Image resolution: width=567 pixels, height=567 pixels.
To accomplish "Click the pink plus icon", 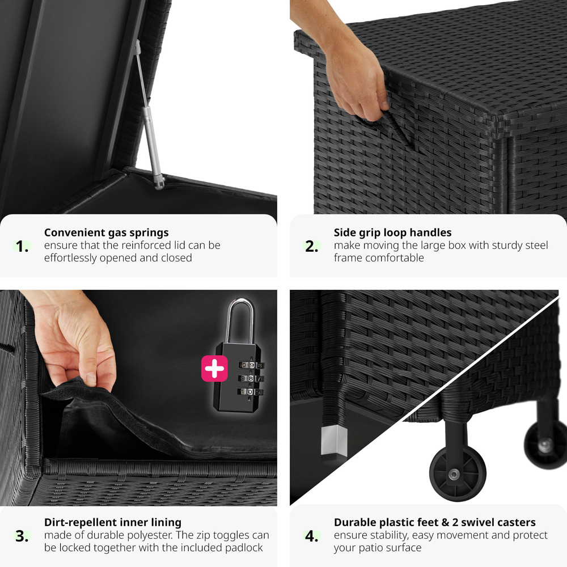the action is click(214, 369).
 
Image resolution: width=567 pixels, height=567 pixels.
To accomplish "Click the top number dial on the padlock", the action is click(251, 365).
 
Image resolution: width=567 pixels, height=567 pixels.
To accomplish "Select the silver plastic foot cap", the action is click(334, 441).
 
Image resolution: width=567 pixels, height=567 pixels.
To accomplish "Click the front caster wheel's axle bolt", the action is click(454, 473).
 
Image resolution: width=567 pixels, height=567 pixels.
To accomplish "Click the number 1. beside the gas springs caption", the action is click(22, 246).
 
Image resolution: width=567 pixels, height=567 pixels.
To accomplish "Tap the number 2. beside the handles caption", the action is click(311, 246).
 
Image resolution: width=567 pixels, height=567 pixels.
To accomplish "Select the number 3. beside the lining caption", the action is click(22, 536).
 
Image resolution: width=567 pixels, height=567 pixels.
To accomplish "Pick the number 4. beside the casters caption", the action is click(311, 536).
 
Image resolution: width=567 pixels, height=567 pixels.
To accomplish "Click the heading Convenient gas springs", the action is click(107, 232).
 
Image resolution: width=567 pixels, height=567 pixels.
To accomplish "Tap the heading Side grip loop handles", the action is click(393, 232).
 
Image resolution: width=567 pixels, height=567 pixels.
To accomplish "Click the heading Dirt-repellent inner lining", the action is click(113, 523).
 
